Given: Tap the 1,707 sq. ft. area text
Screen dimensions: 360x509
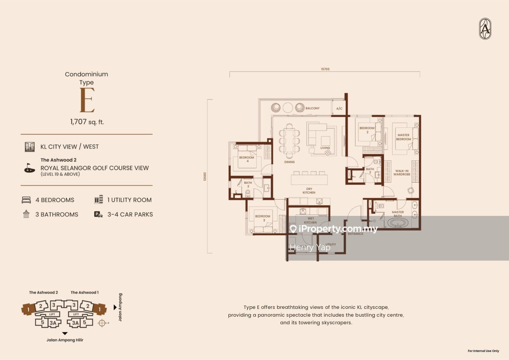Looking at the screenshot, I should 87,122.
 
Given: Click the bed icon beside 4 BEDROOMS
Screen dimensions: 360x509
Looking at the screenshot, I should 26,200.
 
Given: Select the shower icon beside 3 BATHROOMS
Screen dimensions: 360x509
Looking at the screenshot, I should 26,214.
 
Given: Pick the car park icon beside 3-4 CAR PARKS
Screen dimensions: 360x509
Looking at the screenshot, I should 98,214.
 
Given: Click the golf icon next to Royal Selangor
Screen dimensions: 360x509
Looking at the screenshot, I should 30,168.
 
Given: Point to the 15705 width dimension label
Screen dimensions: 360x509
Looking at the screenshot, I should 325,69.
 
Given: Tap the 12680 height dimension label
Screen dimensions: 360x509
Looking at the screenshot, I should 205,176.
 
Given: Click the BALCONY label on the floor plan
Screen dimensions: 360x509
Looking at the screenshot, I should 312,108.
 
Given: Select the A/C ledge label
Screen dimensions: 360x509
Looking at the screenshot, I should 339,109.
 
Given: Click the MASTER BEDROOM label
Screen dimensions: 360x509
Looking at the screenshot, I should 403,137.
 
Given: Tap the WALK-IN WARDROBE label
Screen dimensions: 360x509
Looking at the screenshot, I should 402,173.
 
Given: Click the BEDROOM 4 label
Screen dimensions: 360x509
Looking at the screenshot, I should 246,159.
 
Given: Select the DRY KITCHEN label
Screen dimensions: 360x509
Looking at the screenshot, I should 309,191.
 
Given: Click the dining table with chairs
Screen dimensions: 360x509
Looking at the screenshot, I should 289,141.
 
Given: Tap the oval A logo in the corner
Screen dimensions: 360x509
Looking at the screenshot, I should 485,29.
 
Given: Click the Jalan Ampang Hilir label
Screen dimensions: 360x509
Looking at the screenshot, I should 65,340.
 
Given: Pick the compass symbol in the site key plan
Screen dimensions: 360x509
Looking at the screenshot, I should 102,323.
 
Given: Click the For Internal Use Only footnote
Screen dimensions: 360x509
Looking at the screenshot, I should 483,351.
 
